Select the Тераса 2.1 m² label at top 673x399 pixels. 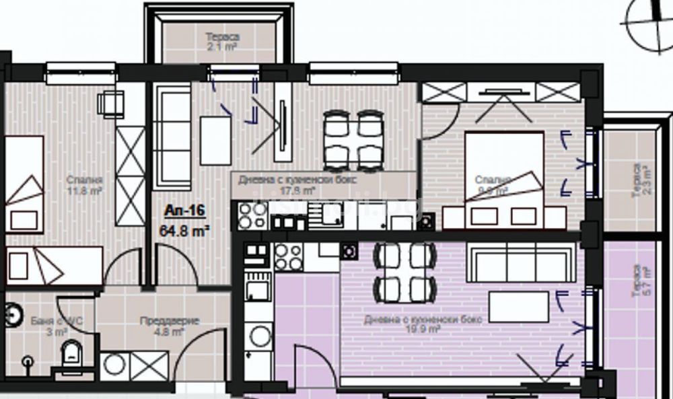(221, 41)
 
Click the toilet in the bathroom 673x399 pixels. (70, 354)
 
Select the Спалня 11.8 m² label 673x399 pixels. (85, 185)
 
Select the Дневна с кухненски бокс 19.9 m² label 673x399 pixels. (402, 324)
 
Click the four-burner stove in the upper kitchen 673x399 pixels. (251, 215)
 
